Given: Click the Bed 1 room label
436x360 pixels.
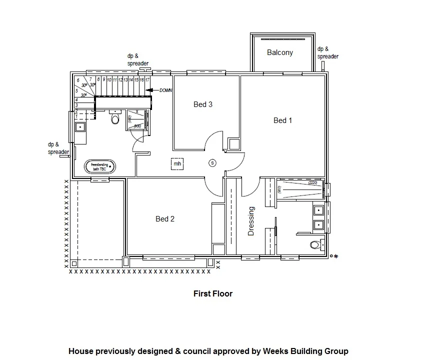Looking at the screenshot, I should click(282, 120).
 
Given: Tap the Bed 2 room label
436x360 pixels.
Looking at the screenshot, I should click(165, 219).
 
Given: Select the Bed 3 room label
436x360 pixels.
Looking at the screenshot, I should click(203, 104).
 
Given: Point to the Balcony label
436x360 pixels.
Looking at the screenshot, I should click(280, 52).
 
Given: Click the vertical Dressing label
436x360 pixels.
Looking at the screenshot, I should click(251, 221).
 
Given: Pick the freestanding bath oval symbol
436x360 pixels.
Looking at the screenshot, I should click(100, 167).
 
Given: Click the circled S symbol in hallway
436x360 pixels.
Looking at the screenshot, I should click(212, 163).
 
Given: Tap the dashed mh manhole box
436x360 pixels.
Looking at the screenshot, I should click(176, 163).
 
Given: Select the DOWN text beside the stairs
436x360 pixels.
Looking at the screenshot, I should click(165, 90).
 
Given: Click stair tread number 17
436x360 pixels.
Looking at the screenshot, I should click(147, 80).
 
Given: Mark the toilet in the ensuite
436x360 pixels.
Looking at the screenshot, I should click(315, 245).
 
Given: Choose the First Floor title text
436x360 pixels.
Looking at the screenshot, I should click(213, 294).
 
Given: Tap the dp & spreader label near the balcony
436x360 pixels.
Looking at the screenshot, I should click(328, 52).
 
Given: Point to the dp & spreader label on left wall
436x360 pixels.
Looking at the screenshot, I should click(58, 148).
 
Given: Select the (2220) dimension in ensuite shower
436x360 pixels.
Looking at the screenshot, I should click(313, 183).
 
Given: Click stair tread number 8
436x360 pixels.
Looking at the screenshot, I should click(98, 79).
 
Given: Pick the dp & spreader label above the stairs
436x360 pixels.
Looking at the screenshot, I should click(137, 60).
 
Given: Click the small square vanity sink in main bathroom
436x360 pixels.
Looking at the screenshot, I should click(80, 127).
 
